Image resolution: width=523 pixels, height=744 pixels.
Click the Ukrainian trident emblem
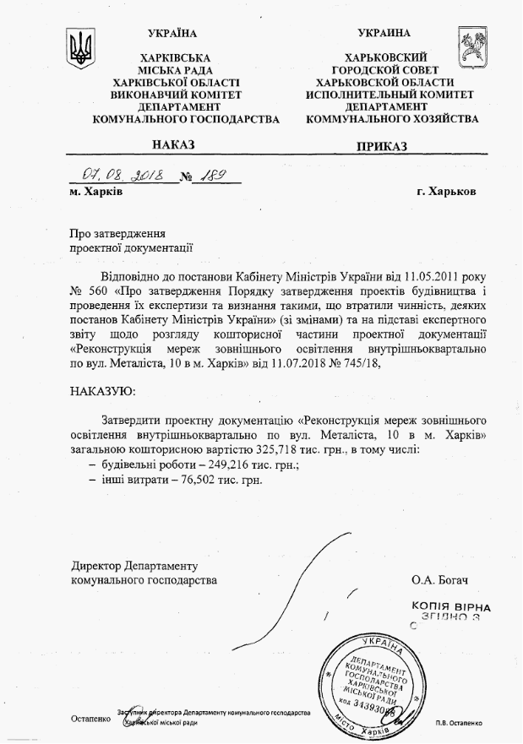(x=82, y=49)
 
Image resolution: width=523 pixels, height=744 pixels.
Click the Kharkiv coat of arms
(x=471, y=48)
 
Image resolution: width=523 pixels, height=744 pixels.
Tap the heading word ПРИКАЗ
(x=382, y=146)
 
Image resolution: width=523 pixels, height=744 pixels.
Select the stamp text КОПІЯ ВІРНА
(x=446, y=606)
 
